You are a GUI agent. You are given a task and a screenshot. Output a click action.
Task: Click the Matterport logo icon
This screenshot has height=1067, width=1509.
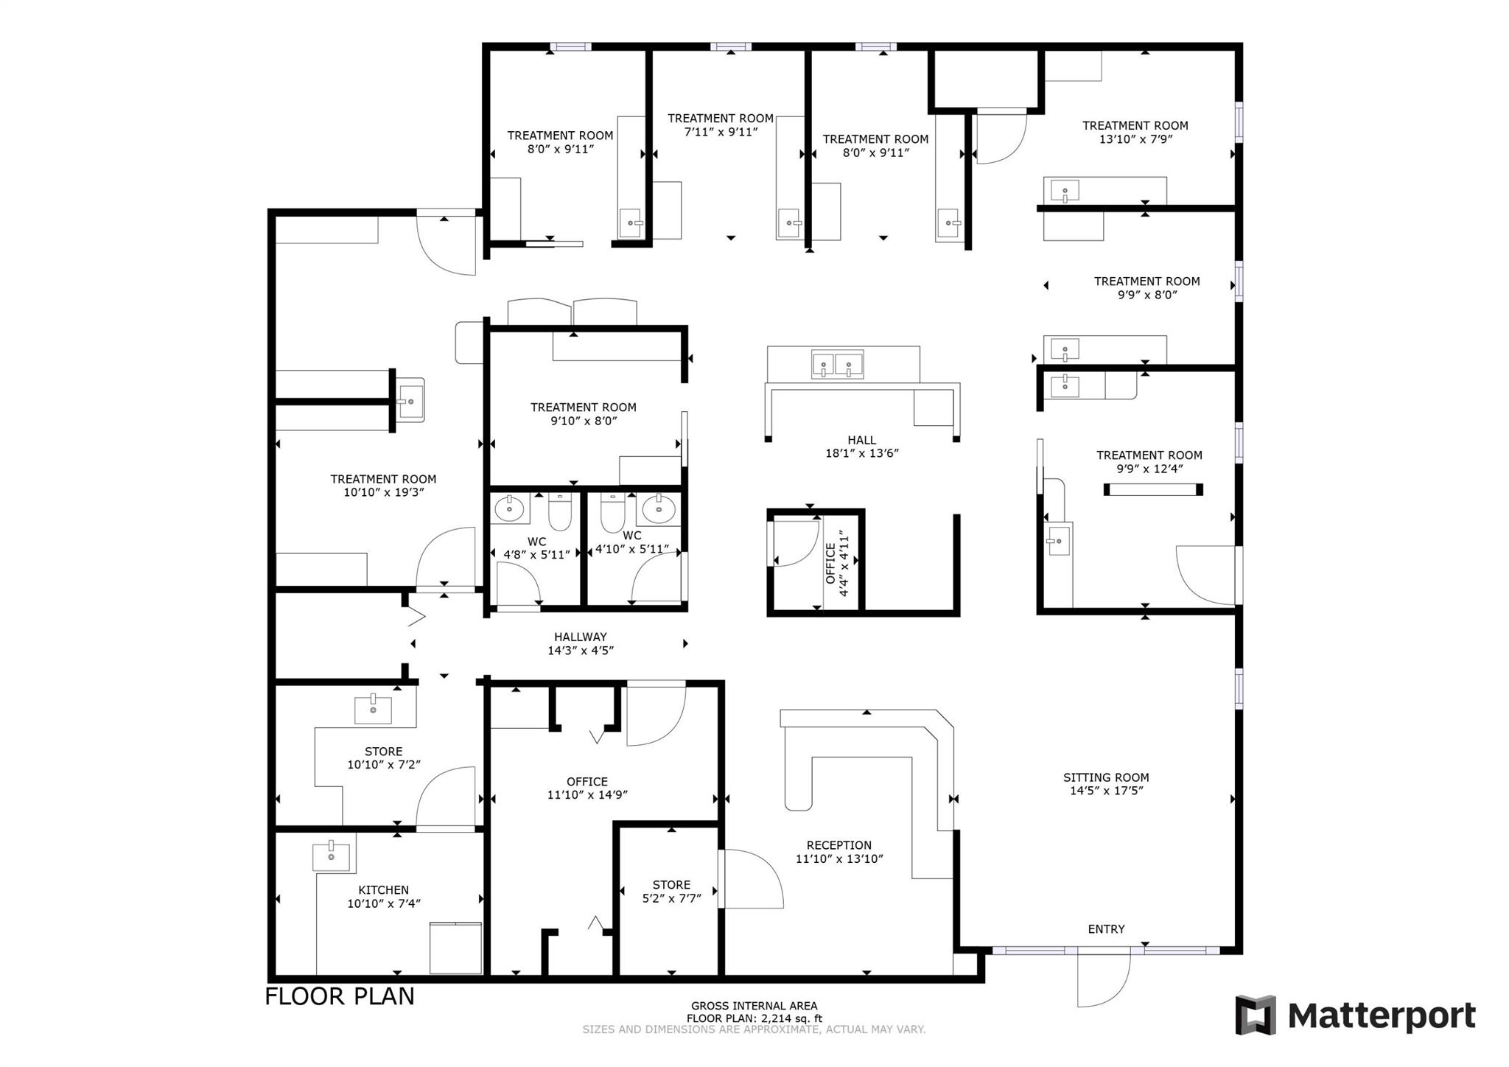coord(1256,1015)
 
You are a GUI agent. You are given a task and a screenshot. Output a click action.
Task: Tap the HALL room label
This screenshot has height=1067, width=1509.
coord(861,440)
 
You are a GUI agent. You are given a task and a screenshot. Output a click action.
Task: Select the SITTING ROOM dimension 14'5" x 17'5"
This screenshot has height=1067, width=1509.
coord(1106,791)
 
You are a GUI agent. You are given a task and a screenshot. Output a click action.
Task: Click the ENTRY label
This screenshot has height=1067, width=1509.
coord(1106,929)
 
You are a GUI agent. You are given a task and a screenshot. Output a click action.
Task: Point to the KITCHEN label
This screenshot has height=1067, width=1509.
coord(383,889)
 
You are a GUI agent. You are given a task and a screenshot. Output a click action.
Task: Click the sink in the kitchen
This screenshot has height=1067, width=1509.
coord(331,856)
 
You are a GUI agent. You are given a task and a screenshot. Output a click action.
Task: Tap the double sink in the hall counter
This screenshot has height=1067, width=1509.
coord(837,364)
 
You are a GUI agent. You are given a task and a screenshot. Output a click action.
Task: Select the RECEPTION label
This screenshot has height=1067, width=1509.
coord(838,845)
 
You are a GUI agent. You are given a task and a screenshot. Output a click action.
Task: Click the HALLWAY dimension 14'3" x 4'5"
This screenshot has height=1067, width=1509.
coord(581,651)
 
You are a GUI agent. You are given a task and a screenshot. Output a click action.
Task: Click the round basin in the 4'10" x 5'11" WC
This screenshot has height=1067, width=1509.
coord(658,508)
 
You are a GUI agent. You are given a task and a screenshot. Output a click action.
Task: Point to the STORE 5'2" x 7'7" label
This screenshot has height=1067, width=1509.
coord(671,885)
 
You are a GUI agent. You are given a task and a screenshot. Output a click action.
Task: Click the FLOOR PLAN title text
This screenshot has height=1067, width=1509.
coord(340,996)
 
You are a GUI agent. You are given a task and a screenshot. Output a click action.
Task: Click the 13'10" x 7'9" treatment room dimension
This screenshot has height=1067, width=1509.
coord(1135,139)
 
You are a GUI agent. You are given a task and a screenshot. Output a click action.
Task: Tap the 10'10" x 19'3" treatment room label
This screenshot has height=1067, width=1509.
coord(383,486)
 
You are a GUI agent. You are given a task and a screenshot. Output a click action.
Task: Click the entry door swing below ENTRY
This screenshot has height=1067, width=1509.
coord(1104,980)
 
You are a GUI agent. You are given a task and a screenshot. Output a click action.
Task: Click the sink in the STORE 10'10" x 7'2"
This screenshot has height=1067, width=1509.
coord(373,710)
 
